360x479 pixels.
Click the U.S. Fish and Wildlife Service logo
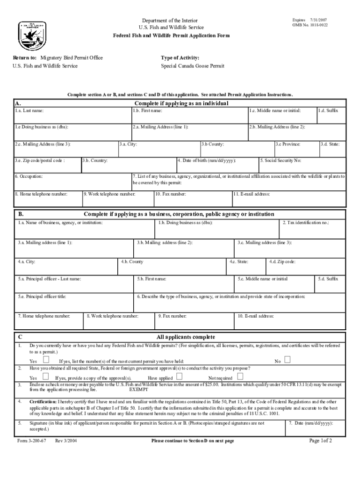pyautogui.click(x=32, y=34)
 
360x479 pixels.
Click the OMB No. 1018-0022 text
pyautogui.click(x=310, y=25)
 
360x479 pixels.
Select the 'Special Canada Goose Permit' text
pyautogui.click(x=193, y=66)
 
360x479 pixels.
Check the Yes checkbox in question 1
pyautogui.click(x=46, y=360)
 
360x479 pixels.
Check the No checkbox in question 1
pyautogui.click(x=287, y=360)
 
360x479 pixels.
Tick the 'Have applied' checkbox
pyautogui.click(x=180, y=377)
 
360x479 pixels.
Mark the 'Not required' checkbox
pyautogui.click(x=240, y=377)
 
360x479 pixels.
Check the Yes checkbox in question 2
pyautogui.click(x=46, y=377)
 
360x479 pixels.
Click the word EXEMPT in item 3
pyautogui.click(x=138, y=389)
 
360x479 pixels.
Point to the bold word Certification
pyautogui.click(x=43, y=402)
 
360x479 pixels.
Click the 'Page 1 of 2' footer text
pyautogui.click(x=320, y=441)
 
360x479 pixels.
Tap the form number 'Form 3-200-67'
pyautogui.click(x=31, y=441)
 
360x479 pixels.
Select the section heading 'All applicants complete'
pyautogui.click(x=186, y=337)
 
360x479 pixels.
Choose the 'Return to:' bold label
pyautogui.click(x=25, y=58)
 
